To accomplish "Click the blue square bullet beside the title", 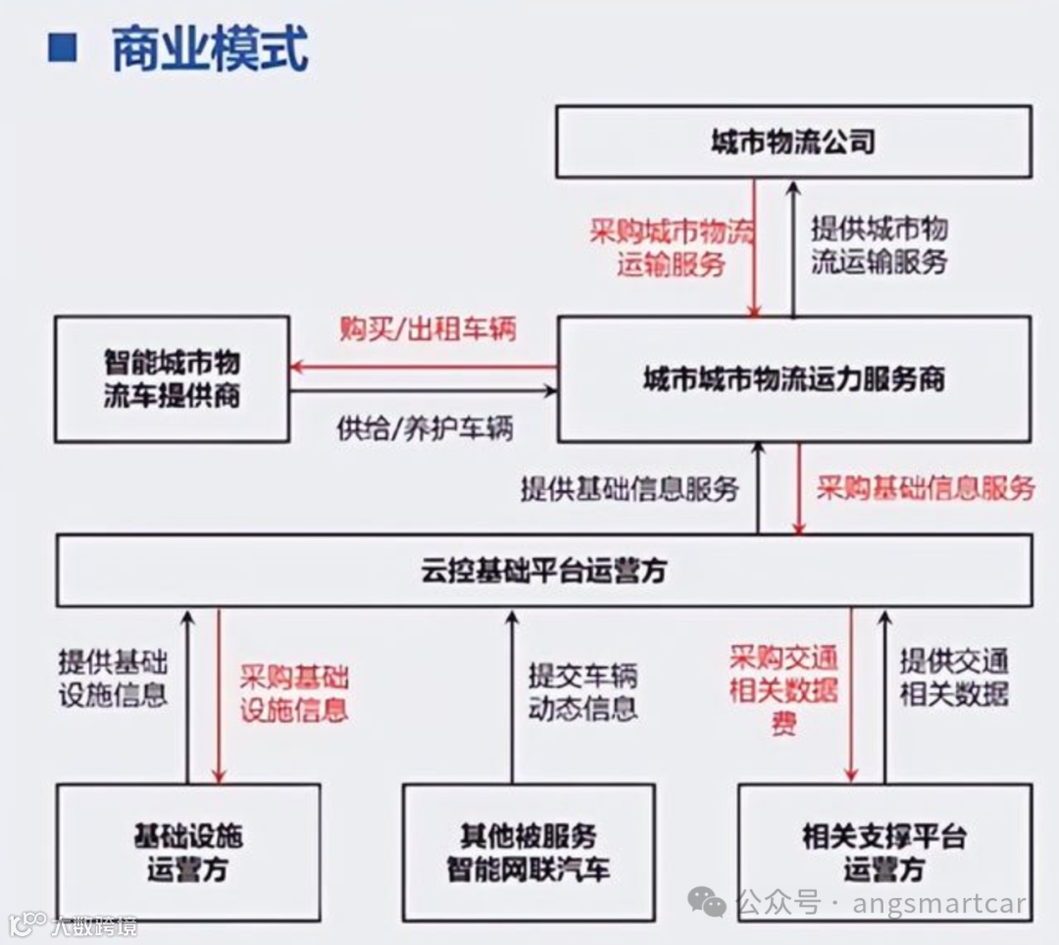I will tap(63, 48).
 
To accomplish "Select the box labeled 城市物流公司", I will tap(793, 142).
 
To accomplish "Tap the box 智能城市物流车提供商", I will tap(173, 378).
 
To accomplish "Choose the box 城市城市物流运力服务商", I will tap(794, 378).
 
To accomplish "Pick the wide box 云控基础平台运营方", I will tap(544, 571).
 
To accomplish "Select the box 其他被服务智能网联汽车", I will tap(529, 852).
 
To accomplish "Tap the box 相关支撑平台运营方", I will tap(884, 852).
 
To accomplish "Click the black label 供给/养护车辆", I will tap(425, 428).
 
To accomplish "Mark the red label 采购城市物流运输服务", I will tap(672, 247).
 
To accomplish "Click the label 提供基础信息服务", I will tap(630, 488).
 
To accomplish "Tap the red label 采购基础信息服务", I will tap(926, 487).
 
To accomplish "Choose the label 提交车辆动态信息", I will tap(583, 691).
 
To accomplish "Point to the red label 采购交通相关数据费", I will tap(783, 689).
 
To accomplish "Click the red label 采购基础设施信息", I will tap(294, 693).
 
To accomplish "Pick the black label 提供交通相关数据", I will tap(954, 677).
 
